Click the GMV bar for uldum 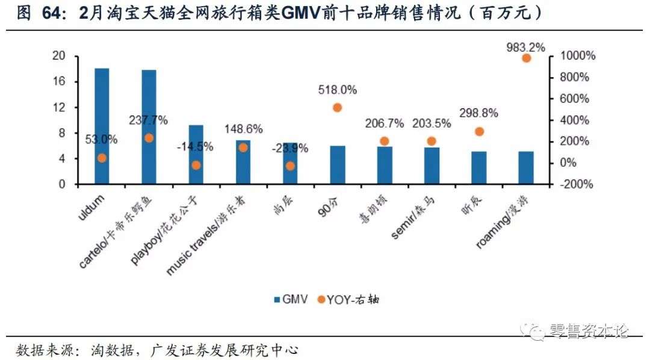[102, 126]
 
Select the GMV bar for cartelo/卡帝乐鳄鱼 [149, 127]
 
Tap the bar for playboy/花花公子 [196, 155]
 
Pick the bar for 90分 [337, 165]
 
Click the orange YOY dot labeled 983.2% [526, 58]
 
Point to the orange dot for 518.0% [337, 108]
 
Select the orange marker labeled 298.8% [479, 131]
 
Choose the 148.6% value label [243, 129]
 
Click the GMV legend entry [291, 299]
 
